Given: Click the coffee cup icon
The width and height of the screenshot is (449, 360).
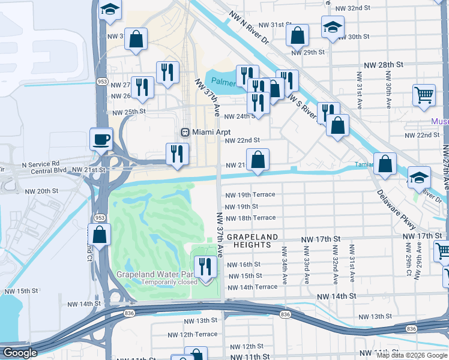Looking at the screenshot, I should tap(101, 139).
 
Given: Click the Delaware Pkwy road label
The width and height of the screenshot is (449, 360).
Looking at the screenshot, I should tap(397, 210).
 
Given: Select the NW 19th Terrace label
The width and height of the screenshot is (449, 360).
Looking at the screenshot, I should tap(250, 195).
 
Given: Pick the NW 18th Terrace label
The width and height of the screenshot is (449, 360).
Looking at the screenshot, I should tap(250, 218).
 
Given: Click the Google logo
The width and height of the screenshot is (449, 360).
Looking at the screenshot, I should tap(19, 353).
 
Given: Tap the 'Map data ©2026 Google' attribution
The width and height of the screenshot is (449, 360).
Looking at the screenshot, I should tap(412, 355).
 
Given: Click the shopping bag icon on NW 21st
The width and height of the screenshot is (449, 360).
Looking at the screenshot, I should tap(258, 160).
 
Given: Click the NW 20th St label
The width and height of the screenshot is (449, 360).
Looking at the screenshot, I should tap(41, 191).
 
